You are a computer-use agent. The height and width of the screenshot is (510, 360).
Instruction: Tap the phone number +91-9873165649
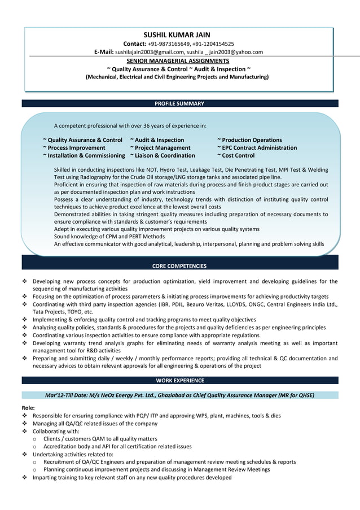173,43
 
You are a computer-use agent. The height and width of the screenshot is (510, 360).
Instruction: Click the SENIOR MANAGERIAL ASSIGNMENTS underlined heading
178,60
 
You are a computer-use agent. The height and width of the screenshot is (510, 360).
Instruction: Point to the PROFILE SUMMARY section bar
179,104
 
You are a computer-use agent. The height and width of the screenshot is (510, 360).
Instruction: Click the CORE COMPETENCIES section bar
179,266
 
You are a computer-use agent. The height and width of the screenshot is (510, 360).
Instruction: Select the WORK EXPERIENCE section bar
179,381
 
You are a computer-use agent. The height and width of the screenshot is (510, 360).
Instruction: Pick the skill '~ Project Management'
160,148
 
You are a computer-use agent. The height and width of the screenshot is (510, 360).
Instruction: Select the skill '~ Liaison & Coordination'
163,156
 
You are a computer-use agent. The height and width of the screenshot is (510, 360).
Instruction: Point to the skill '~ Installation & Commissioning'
84,156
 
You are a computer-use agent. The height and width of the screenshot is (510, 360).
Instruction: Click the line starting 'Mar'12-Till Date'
179,395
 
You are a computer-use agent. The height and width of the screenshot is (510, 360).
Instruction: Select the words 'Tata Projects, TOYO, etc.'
63,312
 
